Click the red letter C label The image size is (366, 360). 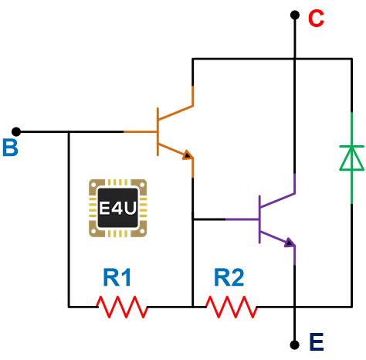(316, 19)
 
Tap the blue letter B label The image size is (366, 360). (10, 148)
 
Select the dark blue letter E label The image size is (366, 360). (317, 342)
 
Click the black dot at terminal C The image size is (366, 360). (295, 15)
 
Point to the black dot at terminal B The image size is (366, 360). (16, 131)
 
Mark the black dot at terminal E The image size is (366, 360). (295, 345)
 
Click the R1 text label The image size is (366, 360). (117, 277)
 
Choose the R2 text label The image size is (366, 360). (229, 277)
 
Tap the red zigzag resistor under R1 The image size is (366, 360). (122, 307)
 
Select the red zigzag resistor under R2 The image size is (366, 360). (232, 307)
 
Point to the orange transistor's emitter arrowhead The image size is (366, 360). (188, 155)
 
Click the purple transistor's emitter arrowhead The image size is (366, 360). (290, 243)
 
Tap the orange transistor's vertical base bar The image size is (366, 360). (158, 131)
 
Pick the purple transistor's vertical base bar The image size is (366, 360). (259, 219)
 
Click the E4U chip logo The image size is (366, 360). (118, 208)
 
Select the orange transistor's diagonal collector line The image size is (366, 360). (176, 113)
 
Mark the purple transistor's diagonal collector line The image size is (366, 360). (277, 200)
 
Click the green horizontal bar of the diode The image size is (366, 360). (352, 146)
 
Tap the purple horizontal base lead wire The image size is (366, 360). (242, 219)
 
